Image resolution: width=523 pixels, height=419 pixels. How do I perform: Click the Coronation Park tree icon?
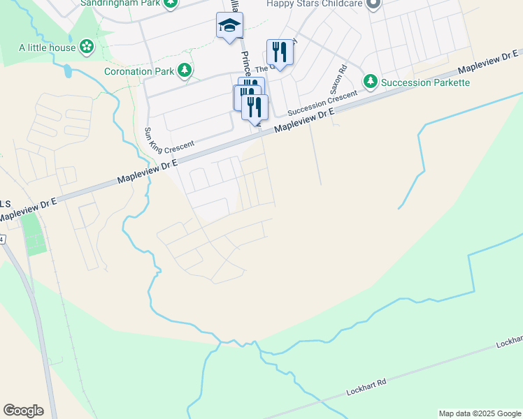point(185,70)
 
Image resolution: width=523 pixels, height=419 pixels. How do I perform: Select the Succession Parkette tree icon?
point(370,82)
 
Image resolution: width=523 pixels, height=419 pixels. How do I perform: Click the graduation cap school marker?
point(229,27)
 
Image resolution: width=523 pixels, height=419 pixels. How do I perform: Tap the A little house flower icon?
point(87,47)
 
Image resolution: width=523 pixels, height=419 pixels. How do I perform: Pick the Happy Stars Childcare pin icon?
point(373,3)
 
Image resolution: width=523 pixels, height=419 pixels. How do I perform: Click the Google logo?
point(23,411)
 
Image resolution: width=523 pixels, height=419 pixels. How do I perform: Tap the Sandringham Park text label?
point(128,3)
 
